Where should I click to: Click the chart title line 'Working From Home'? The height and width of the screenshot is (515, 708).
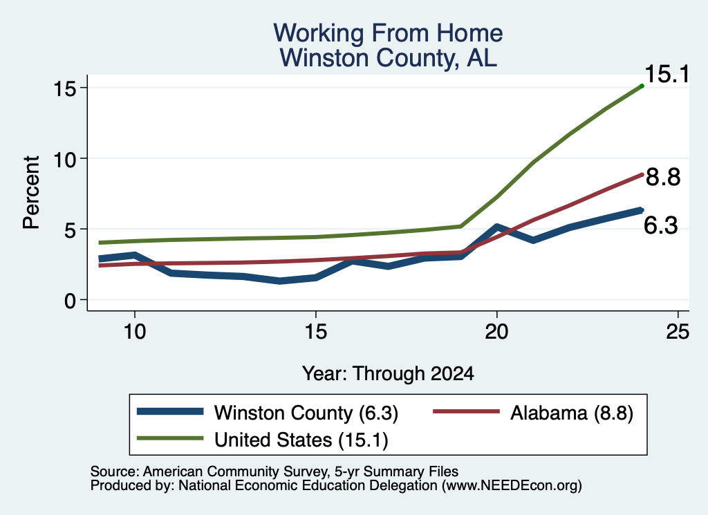pos(388,33)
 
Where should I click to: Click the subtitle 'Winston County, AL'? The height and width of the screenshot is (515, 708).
pos(388,58)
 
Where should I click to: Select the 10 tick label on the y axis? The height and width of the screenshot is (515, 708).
pos(64,158)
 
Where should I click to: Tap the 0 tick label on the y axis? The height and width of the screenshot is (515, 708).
pos(70,300)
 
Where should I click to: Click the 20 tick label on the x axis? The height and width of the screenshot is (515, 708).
pos(496,332)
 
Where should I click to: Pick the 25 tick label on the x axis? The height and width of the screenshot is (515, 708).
pos(678,332)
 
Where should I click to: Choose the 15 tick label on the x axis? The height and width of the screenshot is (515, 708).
pos(315,332)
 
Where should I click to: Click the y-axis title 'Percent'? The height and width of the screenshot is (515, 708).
pos(31,193)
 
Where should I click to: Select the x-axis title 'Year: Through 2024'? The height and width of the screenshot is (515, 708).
pos(388,374)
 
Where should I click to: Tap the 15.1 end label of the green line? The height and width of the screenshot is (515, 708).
pos(667,74)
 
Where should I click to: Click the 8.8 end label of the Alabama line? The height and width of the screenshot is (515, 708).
pos(663,177)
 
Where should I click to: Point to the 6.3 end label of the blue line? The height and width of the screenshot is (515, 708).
pos(660,225)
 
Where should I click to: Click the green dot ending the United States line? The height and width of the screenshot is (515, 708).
pos(642,86)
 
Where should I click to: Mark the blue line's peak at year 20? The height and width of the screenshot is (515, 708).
pos(496,227)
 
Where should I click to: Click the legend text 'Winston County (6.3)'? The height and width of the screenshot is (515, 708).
pos(306,413)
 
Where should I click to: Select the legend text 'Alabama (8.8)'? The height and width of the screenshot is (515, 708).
pos(572,413)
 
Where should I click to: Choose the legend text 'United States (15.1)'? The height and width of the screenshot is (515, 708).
pos(301,440)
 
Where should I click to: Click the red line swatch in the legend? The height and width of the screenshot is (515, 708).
pos(467,411)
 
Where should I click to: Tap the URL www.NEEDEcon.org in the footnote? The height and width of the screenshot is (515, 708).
pos(512,486)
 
